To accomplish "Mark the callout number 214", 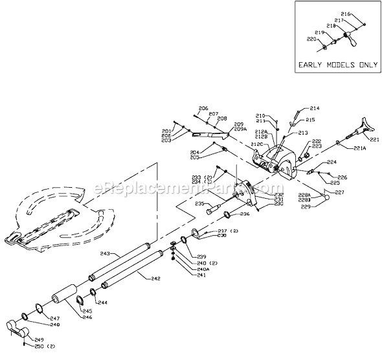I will [x=315, y=108].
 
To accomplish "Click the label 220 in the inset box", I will [x=311, y=39].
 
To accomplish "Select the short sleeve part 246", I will [x=64, y=297].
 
